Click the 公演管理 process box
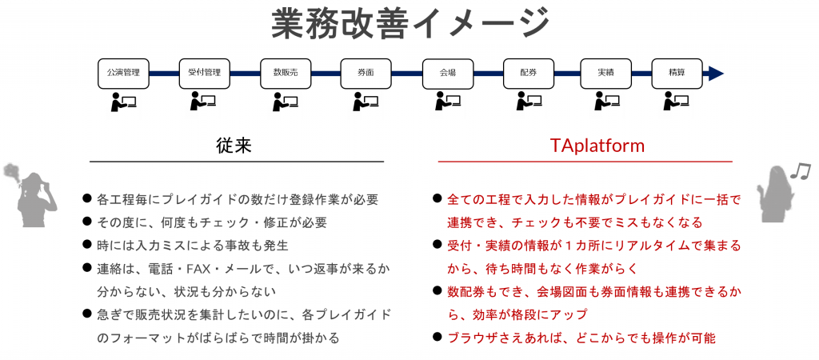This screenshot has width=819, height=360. point(123,73)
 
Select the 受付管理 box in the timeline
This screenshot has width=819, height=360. point(204,73)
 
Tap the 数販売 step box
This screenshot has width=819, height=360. point(286,73)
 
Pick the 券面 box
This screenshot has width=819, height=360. point(366,73)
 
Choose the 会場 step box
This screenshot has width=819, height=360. point(448,73)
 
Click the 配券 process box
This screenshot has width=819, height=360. point(529,73)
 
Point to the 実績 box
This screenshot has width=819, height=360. point(606,73)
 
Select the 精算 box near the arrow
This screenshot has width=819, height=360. point(677,73)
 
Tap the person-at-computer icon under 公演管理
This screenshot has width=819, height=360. point(123,102)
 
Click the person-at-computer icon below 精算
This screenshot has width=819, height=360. point(677,102)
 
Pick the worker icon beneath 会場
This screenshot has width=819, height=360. point(448,102)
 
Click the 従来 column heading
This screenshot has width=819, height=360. point(234,146)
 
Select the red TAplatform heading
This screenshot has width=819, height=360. point(597,146)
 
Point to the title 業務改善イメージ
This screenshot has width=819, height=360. point(410,24)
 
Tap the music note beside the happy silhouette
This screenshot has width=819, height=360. point(799,170)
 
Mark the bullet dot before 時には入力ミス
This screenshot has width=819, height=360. point(86,245)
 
